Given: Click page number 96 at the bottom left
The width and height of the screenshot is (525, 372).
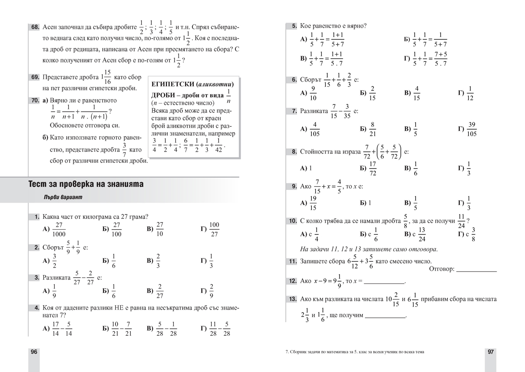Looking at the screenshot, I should (34, 352).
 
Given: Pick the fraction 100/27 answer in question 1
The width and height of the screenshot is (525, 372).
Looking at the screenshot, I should (214, 229).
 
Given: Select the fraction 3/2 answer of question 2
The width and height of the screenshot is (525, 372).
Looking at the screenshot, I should (55, 261).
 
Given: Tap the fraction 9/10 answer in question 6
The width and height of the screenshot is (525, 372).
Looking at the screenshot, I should (313, 93).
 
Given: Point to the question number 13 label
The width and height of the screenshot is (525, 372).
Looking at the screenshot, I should (292, 299).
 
